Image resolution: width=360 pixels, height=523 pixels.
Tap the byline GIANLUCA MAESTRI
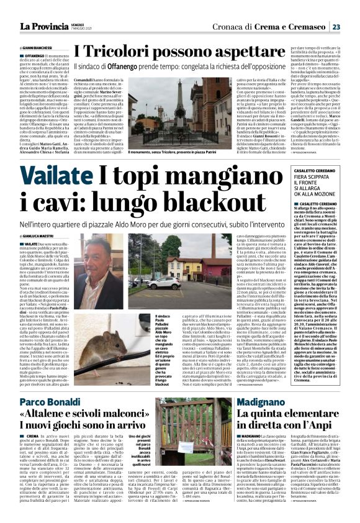[x=38, y=237]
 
